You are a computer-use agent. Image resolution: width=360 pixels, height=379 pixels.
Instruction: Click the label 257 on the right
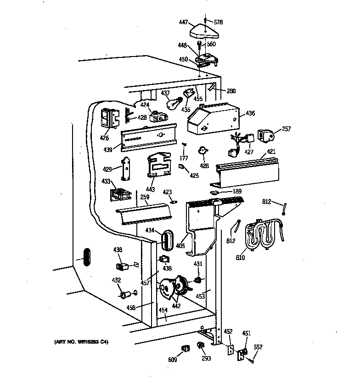point(286,129)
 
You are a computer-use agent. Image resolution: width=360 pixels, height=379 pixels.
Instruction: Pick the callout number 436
point(250,113)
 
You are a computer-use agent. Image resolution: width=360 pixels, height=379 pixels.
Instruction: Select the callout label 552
point(258,347)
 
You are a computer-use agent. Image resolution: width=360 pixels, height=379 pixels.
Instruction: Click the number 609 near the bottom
point(172,360)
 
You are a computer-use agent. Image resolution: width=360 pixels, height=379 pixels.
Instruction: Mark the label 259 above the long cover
point(132,198)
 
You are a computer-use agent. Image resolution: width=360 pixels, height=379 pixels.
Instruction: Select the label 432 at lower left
point(116,280)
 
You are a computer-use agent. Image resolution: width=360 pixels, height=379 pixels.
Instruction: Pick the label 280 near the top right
point(231,91)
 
